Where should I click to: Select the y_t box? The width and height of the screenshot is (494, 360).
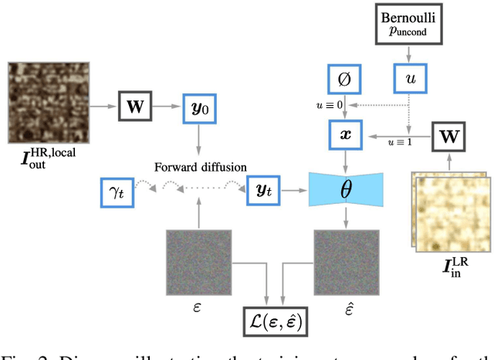tap(263, 189)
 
